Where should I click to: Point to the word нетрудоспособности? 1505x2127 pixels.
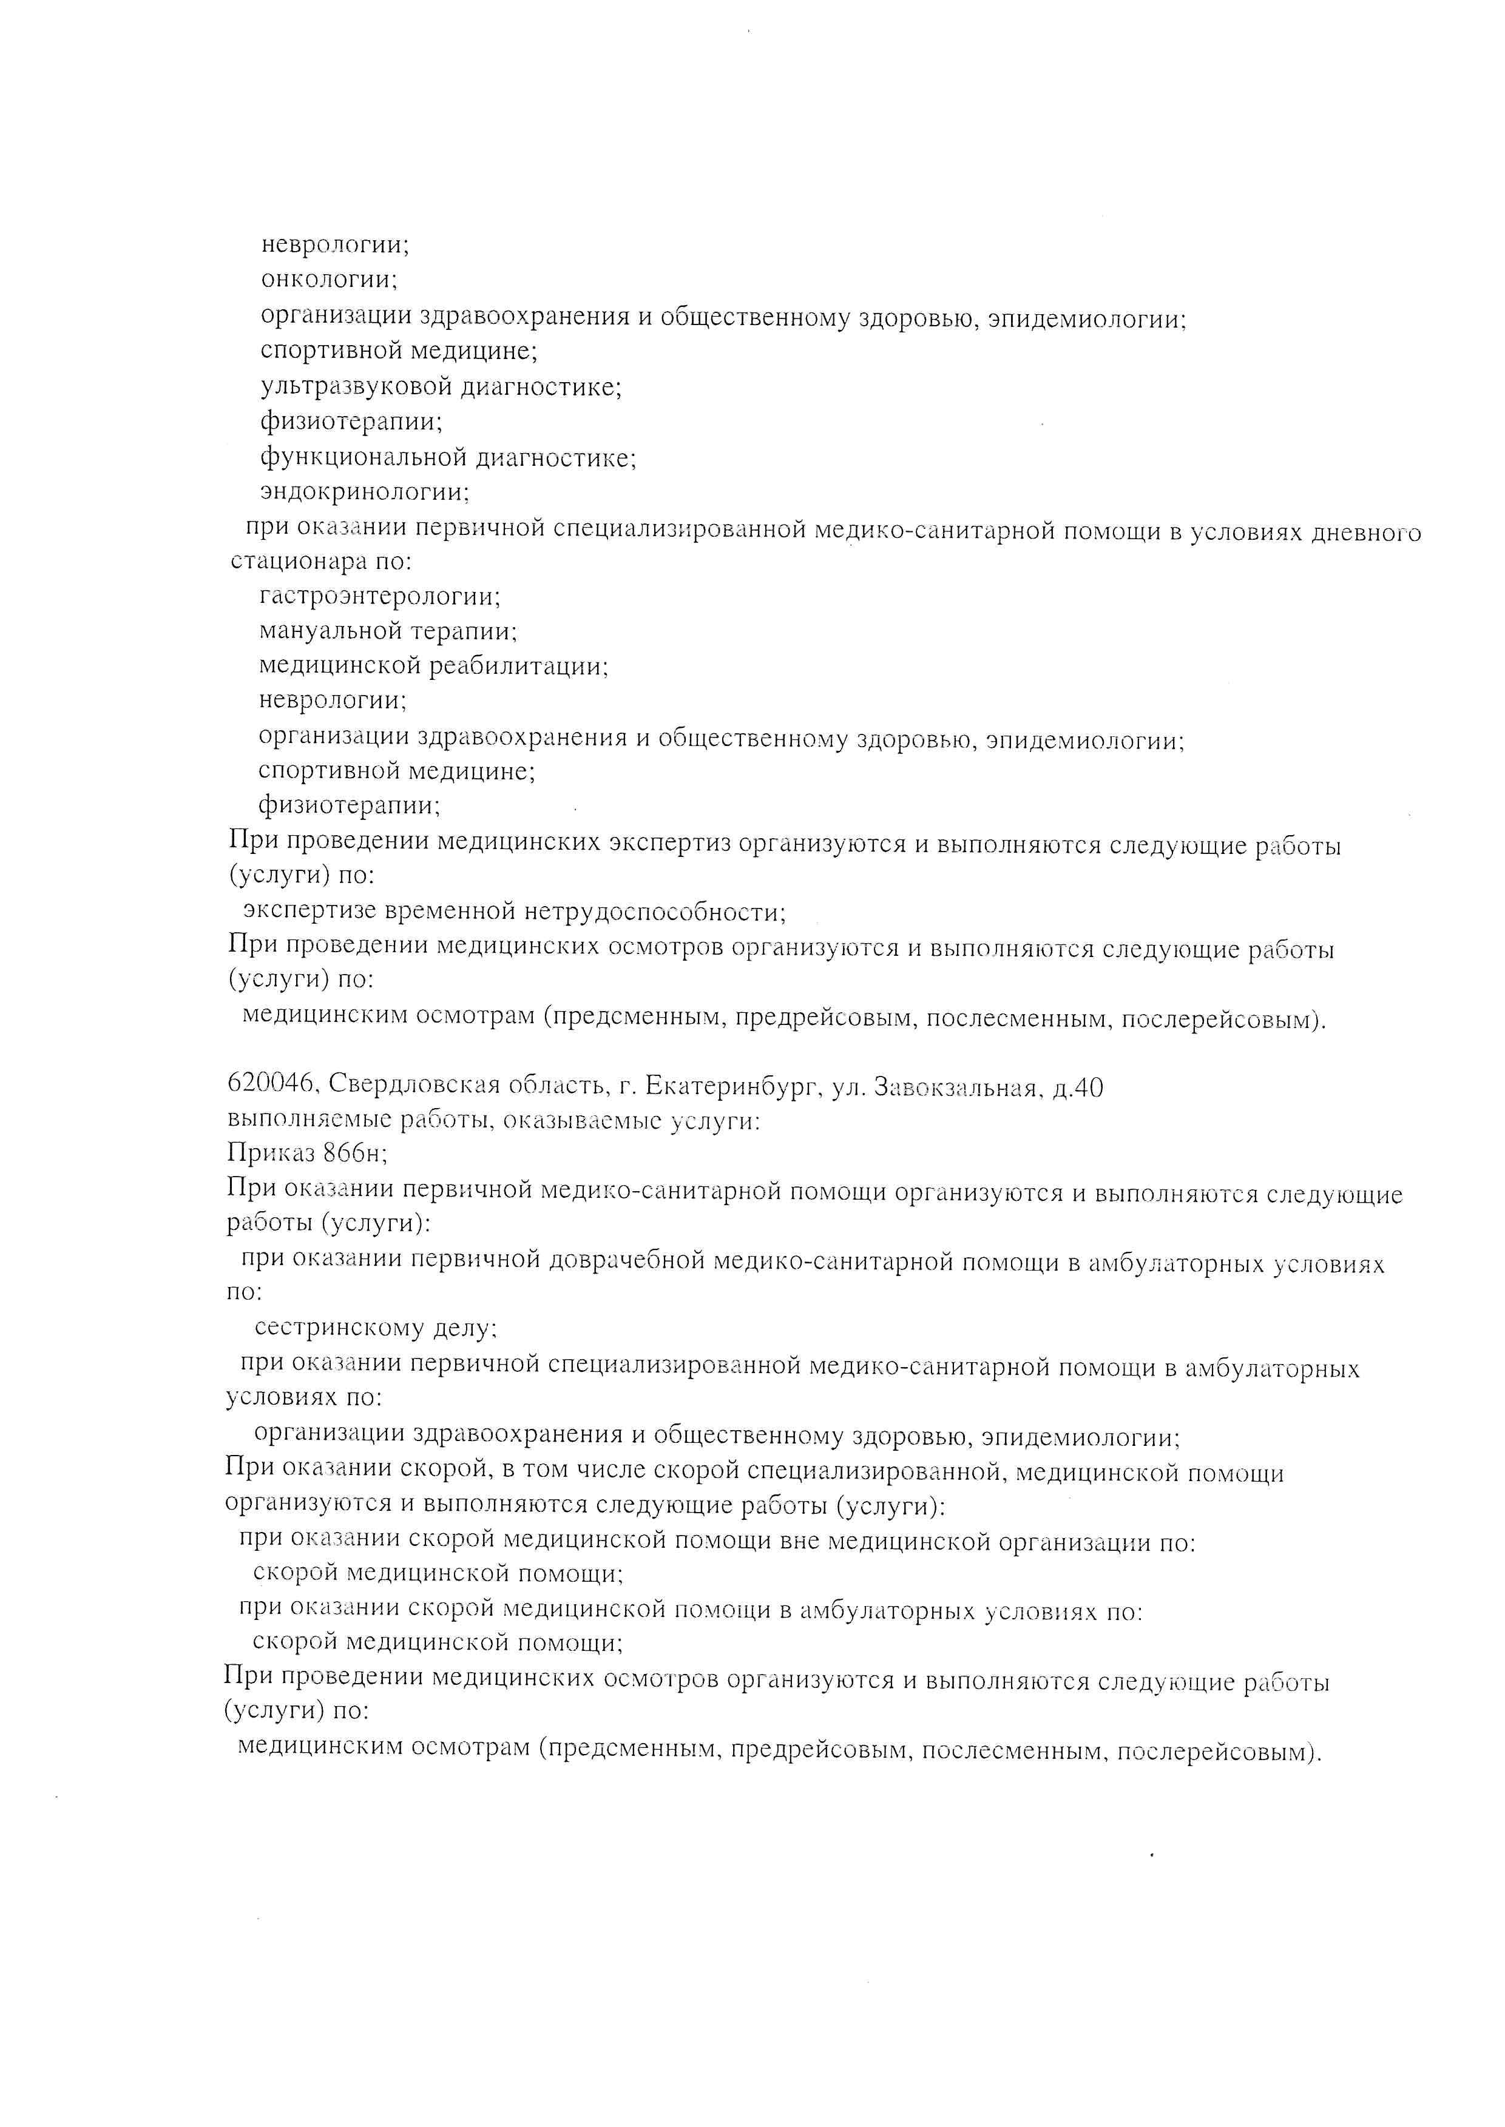tap(655, 913)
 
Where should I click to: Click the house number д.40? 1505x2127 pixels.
tap(1078, 1089)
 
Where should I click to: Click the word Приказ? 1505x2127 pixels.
tap(271, 1154)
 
